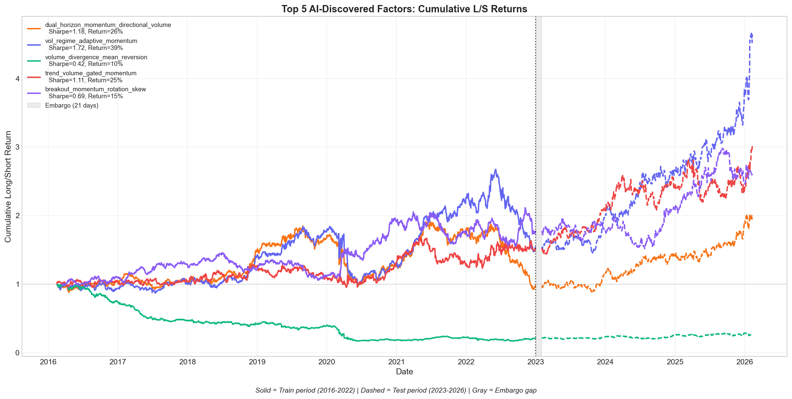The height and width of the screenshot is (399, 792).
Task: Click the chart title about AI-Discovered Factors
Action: click(404, 9)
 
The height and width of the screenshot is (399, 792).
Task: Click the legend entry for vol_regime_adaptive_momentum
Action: click(91, 41)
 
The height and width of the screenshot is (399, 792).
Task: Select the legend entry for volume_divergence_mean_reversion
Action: click(96, 57)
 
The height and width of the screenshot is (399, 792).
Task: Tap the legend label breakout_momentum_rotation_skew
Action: click(96, 89)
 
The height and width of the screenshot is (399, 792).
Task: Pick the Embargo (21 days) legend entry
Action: click(72, 106)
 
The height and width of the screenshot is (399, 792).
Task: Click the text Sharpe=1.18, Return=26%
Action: click(86, 32)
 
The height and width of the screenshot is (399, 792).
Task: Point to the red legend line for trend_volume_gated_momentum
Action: click(34, 77)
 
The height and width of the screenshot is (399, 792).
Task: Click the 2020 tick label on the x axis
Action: click(326, 362)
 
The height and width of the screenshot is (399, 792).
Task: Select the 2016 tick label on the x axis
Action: click(48, 362)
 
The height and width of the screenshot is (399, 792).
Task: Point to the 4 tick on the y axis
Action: click(18, 79)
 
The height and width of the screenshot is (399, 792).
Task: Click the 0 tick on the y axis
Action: click(18, 353)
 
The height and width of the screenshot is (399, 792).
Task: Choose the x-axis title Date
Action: click(404, 372)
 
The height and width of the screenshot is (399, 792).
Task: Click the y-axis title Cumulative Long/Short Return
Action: click(8, 187)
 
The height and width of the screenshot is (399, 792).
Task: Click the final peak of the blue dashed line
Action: click(751, 34)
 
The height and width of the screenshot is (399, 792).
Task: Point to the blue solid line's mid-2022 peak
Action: click(495, 170)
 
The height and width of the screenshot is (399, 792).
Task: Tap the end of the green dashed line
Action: click(751, 335)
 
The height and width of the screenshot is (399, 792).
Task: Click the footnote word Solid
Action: click(263, 390)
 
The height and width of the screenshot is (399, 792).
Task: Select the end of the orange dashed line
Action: click(752, 218)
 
